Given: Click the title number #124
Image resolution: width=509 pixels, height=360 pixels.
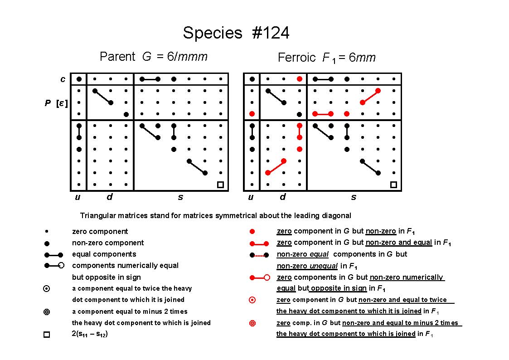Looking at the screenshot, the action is pos(271,33).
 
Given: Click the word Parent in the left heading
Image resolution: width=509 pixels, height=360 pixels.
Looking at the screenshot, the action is pos(117,57).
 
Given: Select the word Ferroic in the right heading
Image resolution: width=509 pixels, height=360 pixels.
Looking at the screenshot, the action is pos(296,58).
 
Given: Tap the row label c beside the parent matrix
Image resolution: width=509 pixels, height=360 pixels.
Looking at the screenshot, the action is pos(63,79).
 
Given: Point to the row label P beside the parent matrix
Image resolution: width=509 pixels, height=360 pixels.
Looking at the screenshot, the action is pos(48,103).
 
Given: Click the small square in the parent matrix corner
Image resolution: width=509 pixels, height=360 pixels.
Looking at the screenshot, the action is pos(220,185).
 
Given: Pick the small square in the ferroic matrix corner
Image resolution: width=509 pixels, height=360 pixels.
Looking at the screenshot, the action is pos(393,185).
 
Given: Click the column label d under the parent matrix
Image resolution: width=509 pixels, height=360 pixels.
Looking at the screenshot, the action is pos(110,197).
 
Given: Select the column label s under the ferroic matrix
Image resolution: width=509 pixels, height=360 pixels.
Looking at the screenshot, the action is pos(354,197).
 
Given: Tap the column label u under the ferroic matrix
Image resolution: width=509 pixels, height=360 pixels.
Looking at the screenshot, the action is pos(251,197).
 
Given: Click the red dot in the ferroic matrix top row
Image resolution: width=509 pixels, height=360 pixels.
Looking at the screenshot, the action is pos(300,79).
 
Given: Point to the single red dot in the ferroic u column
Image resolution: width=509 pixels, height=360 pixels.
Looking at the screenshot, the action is pos(252,114).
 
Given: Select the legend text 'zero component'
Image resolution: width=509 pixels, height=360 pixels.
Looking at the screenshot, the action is pos(100,231).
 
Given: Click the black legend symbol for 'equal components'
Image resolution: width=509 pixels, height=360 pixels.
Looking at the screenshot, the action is pos(53,255).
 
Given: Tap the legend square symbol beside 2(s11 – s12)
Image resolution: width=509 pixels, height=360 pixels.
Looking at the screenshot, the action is pos(47,334).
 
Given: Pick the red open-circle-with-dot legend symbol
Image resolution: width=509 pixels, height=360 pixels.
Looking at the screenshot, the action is pos(252,300).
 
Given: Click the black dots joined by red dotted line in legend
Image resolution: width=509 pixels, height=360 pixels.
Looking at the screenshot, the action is pos(259,255).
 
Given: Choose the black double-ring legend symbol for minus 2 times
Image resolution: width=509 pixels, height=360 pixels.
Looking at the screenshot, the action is pos(47,312).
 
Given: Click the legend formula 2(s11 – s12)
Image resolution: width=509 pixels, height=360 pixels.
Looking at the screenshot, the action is pos(90,334).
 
